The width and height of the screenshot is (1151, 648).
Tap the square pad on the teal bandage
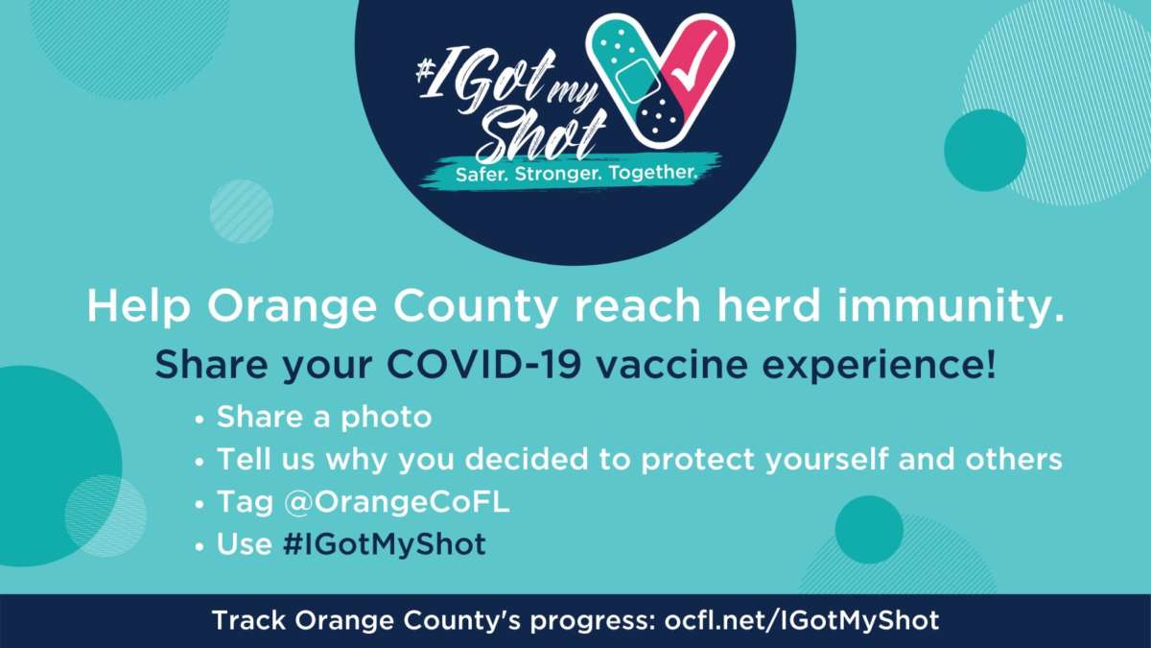pyautogui.click(x=638, y=81)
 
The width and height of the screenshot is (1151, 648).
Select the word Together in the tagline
pyautogui.click(x=652, y=173)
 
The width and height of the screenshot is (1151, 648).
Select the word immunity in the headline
pyautogui.click(x=951, y=307)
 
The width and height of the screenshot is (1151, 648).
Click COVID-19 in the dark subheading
pyautogui.click(x=483, y=365)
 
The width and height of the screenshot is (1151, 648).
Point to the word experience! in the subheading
pyautogui.click(x=879, y=366)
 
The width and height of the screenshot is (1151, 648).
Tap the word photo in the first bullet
pyautogui.click(x=387, y=418)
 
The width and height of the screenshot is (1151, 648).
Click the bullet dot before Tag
pyautogui.click(x=200, y=504)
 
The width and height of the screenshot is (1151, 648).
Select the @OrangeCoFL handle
pyautogui.click(x=397, y=502)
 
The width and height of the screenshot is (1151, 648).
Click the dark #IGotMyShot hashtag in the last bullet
pyautogui.click(x=385, y=544)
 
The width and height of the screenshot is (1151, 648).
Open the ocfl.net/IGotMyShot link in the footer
pyautogui.click(x=802, y=621)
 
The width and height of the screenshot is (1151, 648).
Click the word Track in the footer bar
pyautogui.click(x=248, y=620)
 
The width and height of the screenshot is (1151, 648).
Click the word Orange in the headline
pyautogui.click(x=292, y=307)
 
